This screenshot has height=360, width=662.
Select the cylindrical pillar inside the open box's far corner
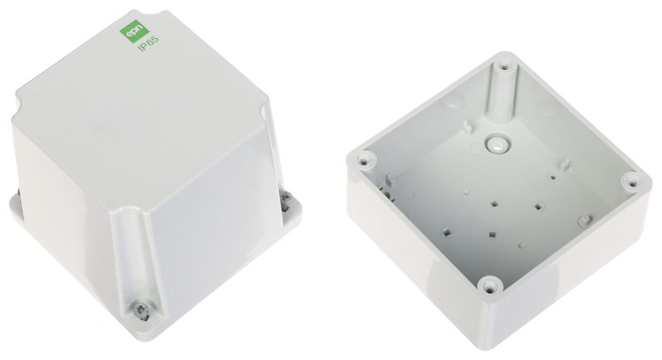[500, 93]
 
